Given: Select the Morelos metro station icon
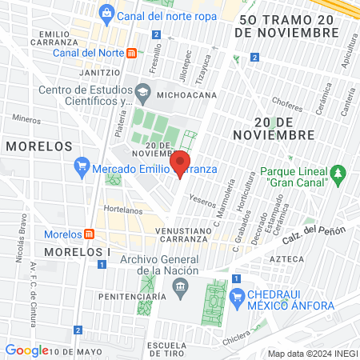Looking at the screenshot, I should (90, 234).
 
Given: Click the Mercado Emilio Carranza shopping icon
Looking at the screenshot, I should (81, 168).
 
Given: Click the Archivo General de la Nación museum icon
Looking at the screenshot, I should (182, 287).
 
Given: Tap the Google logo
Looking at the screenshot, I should (26, 350).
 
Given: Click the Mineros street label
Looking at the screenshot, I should (26, 119).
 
